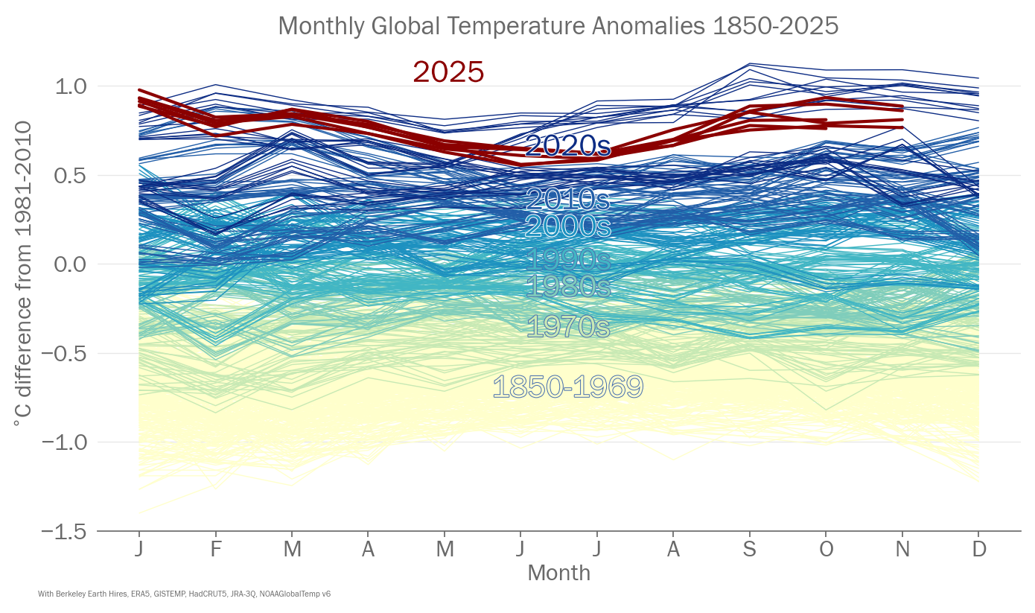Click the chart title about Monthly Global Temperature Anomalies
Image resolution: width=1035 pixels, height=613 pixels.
pos(558,26)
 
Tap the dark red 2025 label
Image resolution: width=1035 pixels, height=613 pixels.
pos(448,72)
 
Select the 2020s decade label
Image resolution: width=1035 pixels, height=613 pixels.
pos(568,146)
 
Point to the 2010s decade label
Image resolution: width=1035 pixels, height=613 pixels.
pos(568,200)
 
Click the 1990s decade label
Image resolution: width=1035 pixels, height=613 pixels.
pos(568,259)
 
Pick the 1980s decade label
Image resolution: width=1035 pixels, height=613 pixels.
pos(568,286)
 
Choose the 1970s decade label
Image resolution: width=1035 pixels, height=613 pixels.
pos(568,326)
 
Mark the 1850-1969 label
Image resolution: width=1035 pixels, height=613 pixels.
pos(568,387)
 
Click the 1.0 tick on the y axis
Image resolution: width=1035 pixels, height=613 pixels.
pos(71,86)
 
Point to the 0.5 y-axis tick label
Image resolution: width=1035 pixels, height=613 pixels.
pos(71,176)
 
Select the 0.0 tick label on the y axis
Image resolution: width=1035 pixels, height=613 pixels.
pos(71,264)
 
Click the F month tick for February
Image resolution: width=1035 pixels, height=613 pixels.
pos(216,550)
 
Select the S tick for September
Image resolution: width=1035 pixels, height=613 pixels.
pos(750,550)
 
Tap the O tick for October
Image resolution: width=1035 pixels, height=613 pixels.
pos(826,550)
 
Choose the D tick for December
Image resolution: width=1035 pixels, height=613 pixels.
pos(979,550)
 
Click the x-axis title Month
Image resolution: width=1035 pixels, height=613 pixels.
pos(558,573)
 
